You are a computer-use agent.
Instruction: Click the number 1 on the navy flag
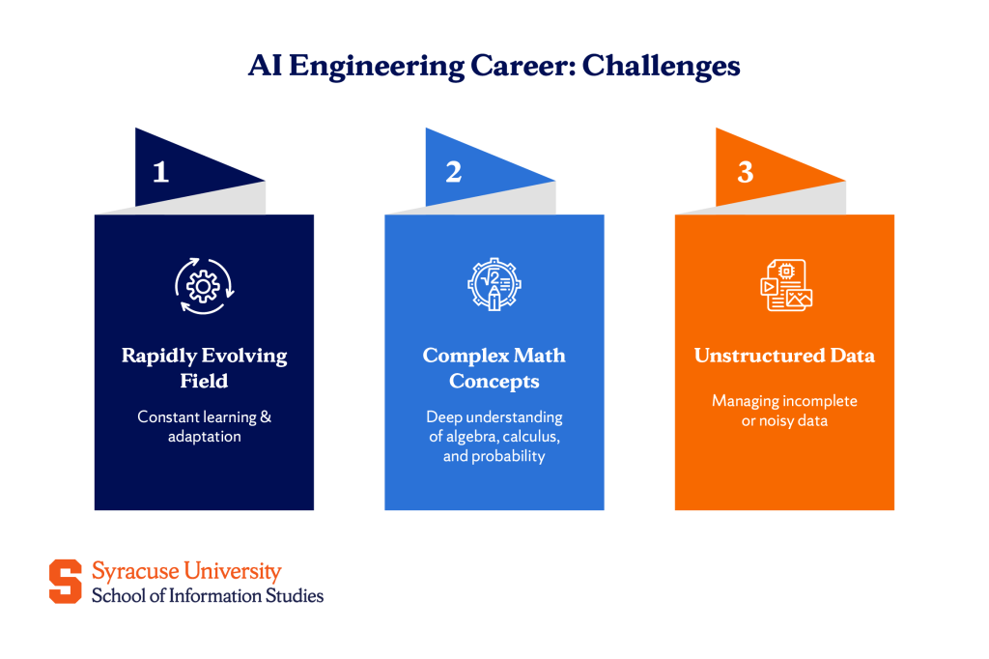161,172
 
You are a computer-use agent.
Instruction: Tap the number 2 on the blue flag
453,172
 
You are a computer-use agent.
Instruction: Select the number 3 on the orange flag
745,172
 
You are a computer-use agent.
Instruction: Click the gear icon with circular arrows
204,285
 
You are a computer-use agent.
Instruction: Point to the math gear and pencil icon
494,285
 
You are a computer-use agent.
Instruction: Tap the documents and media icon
785,285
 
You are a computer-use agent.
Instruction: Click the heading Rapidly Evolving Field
204,368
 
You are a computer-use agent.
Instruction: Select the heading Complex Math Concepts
494,368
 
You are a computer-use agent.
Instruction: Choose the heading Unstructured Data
784,356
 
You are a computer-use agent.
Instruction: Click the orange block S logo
66,581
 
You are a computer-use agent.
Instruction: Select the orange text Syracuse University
186,571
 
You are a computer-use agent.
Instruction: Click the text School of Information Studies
208,595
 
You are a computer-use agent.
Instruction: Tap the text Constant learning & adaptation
204,426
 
